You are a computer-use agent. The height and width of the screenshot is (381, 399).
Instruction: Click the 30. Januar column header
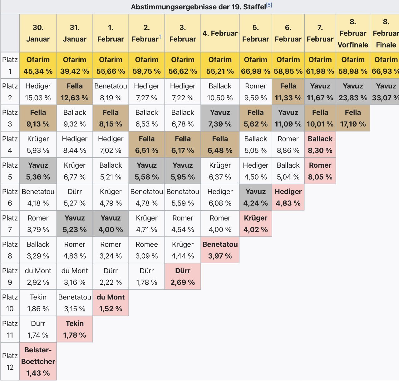click(38, 33)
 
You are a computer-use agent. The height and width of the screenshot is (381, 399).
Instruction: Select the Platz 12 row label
click(10, 361)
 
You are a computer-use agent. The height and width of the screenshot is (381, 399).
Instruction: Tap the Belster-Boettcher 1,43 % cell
click(38, 361)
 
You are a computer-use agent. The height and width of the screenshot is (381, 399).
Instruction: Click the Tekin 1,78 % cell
click(75, 329)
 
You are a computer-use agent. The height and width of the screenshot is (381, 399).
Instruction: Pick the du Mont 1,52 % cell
click(111, 303)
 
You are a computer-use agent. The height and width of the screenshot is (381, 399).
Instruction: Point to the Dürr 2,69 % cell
click(183, 276)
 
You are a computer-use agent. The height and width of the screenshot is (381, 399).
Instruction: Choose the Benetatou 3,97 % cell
click(220, 250)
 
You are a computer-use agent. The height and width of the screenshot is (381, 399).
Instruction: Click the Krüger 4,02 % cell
click(255, 224)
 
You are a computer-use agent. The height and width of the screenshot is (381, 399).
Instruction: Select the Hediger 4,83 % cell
click(288, 197)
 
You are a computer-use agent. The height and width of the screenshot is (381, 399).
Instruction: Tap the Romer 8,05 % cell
click(320, 171)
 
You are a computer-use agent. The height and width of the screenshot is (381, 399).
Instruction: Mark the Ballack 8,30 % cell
click(320, 144)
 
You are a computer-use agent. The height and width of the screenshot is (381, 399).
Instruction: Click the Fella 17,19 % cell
click(353, 118)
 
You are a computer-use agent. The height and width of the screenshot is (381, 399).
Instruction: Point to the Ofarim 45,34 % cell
click(38, 65)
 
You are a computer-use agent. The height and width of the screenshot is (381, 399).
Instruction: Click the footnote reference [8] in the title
click(269, 5)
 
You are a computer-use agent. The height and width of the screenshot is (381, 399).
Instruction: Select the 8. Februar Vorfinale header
click(353, 33)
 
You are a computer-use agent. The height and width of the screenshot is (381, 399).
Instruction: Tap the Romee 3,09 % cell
click(146, 250)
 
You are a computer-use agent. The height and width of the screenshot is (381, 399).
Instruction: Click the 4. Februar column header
click(220, 33)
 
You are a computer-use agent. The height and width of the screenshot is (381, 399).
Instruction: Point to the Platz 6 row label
click(10, 197)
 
